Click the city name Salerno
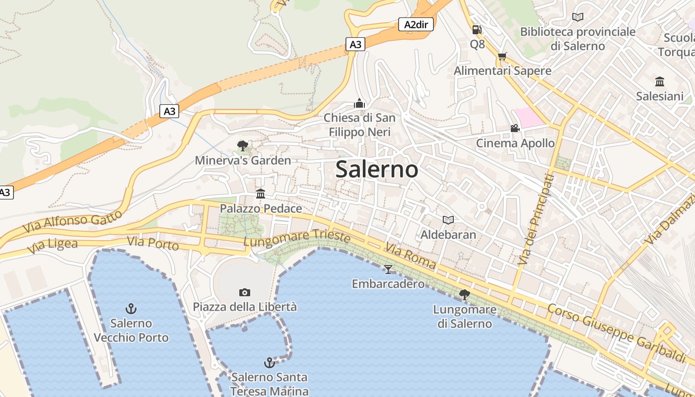click(377, 169)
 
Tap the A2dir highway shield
click(416, 24)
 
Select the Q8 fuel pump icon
click(477, 30)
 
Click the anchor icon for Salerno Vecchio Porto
click(131, 309)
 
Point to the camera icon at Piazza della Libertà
click(244, 292)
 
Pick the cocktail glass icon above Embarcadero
click(388, 269)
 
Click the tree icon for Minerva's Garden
click(242, 145)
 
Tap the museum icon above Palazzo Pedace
click(261, 194)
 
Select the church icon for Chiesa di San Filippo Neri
click(359, 103)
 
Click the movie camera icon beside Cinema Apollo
click(515, 129)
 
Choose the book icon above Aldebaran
click(448, 220)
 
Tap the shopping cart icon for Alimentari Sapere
click(502, 56)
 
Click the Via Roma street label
click(411, 256)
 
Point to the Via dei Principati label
click(535, 219)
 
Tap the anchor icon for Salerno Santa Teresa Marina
click(269, 363)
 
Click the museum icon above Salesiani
click(660, 81)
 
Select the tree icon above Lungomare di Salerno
click(465, 295)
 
